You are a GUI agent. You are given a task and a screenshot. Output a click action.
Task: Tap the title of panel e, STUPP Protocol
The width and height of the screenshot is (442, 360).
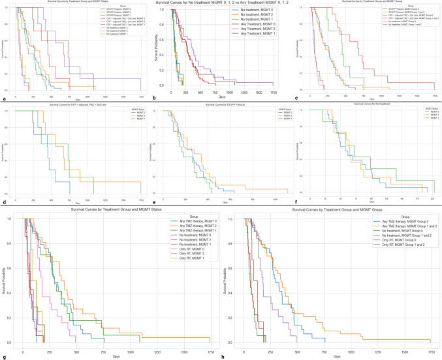pyautogui.click(x=223, y=104)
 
